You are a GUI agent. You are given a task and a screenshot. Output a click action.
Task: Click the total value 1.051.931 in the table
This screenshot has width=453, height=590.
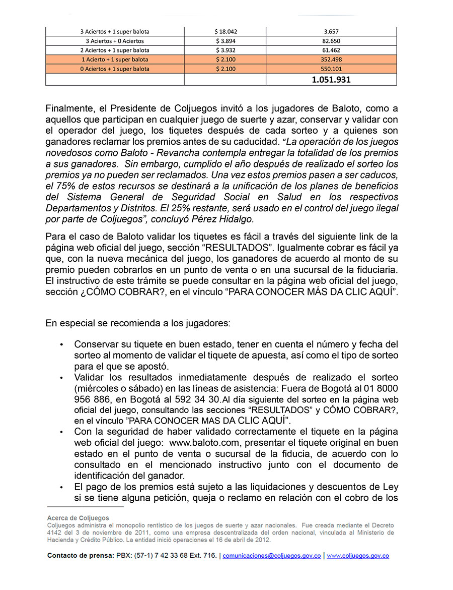(x=331, y=80)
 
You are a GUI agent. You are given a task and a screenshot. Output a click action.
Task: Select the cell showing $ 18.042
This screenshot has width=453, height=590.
(x=224, y=31)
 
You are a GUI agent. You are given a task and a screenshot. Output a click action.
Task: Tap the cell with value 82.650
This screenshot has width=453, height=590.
(x=331, y=41)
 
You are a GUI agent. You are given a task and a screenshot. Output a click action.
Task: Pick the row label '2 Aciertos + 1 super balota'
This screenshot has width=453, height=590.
(x=115, y=50)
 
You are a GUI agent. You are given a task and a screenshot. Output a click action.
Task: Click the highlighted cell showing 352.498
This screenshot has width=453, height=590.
(x=331, y=60)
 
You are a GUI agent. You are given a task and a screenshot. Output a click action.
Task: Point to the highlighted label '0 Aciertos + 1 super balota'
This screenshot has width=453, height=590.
(x=115, y=69)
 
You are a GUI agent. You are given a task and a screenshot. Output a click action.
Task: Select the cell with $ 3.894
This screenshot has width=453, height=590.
(x=224, y=41)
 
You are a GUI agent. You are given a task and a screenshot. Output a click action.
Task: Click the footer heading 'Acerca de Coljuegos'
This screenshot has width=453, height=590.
(x=78, y=518)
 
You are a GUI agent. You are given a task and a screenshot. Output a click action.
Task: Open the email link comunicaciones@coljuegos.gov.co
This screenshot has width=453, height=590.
(x=271, y=556)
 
